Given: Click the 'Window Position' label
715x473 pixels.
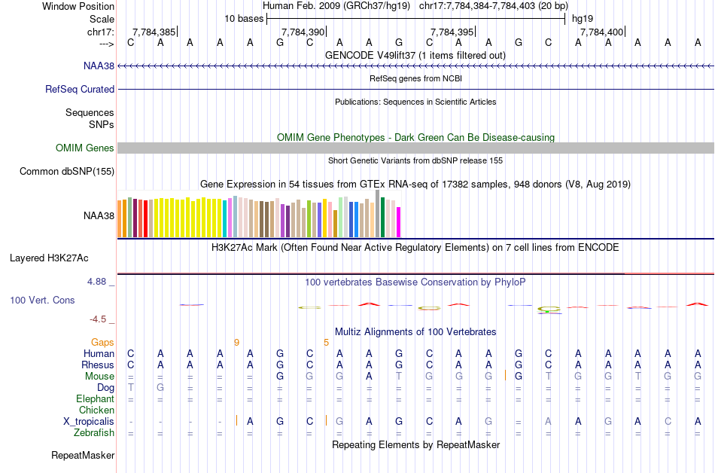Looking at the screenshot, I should pyautogui.click(x=78, y=6).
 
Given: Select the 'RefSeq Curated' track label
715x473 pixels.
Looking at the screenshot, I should pyautogui.click(x=80, y=89).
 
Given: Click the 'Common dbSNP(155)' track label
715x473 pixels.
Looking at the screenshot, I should pyautogui.click(x=67, y=172).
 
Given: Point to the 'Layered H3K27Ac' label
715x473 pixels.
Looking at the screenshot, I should pyautogui.click(x=49, y=258).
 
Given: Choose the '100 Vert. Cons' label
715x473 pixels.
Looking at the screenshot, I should pyautogui.click(x=42, y=300).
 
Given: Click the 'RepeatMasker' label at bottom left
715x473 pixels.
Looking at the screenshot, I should pyautogui.click(x=83, y=455).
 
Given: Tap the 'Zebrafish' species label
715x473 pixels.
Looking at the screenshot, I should pyautogui.click(x=94, y=432).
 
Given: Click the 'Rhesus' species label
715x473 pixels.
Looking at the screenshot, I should pyautogui.click(x=98, y=365).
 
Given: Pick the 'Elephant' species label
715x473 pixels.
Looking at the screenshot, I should pyautogui.click(x=95, y=398).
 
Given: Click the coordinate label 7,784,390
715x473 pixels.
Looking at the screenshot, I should pyautogui.click(x=303, y=32).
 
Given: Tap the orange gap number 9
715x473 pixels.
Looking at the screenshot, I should pyautogui.click(x=236, y=342).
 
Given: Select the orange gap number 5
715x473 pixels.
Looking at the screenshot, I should pyautogui.click(x=326, y=342).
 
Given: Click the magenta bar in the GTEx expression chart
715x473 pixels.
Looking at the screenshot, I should pyautogui.click(x=399, y=221).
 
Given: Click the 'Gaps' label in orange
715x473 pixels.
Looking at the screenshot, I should pyautogui.click(x=102, y=342).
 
